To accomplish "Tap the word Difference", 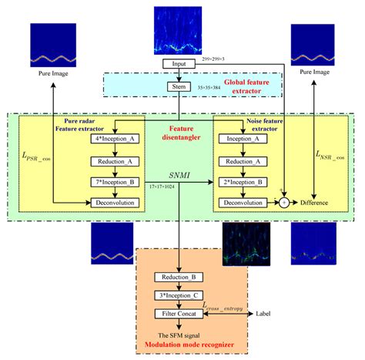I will click(x=311, y=203).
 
